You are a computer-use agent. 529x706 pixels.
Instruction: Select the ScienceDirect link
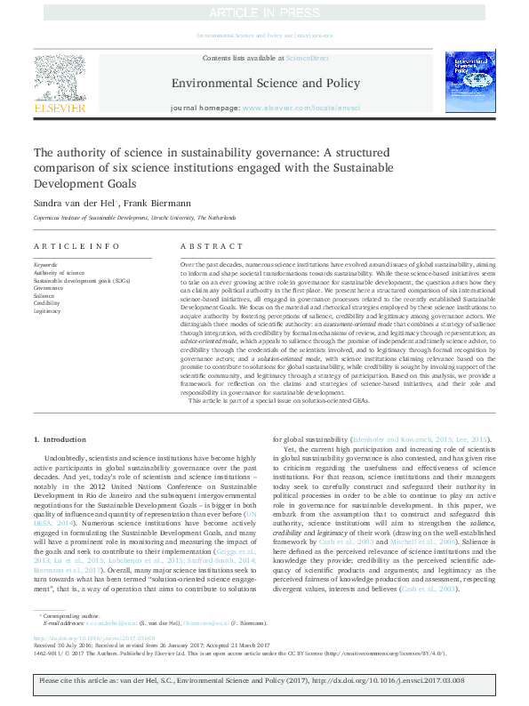(307, 58)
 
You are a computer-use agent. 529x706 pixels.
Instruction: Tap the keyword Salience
(44, 295)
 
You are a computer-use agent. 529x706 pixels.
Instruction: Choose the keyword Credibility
(47, 303)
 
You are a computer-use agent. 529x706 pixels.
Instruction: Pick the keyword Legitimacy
(48, 311)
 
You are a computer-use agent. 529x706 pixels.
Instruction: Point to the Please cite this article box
(264, 686)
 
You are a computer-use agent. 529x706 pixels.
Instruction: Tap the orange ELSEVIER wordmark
(60, 108)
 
